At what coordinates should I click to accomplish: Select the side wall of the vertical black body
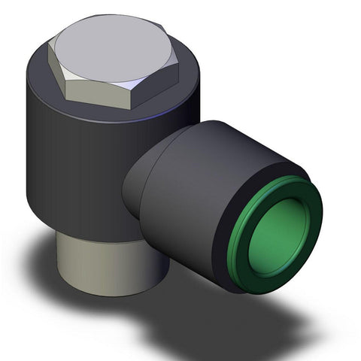pyautogui.click(x=68, y=165)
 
